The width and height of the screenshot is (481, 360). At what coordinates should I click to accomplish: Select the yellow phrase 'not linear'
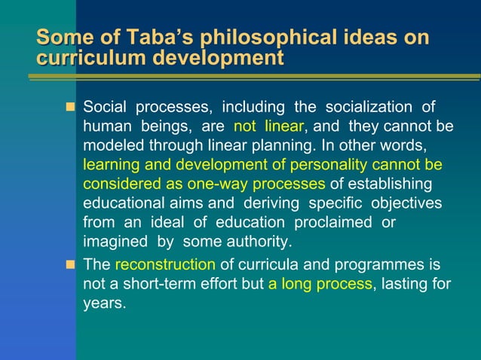coord(268,127)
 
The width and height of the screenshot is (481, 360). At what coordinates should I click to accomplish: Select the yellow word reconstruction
coord(165,265)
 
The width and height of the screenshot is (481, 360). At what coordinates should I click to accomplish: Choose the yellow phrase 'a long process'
coord(320,285)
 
